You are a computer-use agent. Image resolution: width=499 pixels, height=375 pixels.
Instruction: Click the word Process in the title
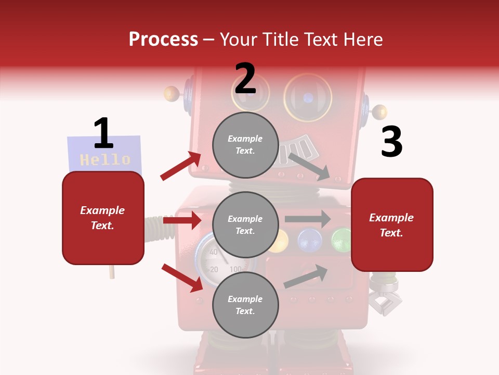tap(163, 40)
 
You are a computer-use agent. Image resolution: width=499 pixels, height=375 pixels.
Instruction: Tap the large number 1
tap(103, 133)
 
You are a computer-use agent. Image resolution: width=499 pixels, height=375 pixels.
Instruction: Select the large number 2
tap(245, 79)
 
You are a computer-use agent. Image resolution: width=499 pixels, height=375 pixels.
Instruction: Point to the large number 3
tap(391, 142)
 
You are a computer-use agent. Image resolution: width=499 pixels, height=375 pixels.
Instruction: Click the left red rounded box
tap(103, 218)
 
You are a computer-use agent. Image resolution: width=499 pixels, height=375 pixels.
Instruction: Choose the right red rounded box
tap(392, 225)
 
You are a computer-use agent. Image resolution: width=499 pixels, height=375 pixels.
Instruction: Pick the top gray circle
tap(245, 145)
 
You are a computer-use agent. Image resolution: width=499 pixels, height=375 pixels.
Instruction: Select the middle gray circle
tap(245, 224)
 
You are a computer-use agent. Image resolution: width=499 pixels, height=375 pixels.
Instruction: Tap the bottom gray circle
tap(245, 305)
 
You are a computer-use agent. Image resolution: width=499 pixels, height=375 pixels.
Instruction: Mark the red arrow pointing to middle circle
tap(182, 221)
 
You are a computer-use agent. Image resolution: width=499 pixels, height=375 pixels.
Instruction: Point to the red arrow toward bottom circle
tap(182, 278)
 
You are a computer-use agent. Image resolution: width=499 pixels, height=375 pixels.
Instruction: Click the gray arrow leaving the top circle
tap(309, 166)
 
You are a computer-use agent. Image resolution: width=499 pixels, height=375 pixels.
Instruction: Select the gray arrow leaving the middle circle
tap(308, 219)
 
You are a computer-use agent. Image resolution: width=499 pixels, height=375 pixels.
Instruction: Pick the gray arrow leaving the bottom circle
tap(306, 276)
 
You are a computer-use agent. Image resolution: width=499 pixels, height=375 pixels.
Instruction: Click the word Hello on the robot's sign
tap(105, 159)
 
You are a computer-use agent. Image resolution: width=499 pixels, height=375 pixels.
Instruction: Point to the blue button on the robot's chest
tap(309, 239)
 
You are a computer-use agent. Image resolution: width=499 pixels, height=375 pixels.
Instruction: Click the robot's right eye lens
tap(308, 97)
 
